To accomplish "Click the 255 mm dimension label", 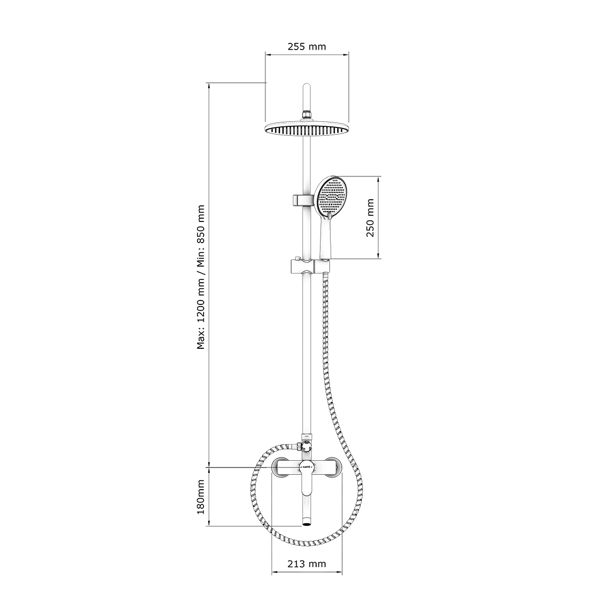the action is [x=307, y=46].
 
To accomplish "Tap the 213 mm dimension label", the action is [x=307, y=564].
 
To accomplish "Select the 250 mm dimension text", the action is [x=370, y=218].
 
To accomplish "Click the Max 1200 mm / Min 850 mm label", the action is [x=201, y=277].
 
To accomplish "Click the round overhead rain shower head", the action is [x=307, y=128].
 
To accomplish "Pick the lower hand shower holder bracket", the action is [x=309, y=267].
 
